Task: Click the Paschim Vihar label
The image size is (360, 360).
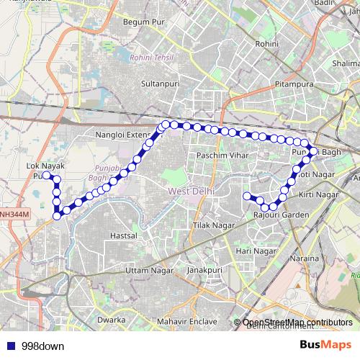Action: (x=217, y=156)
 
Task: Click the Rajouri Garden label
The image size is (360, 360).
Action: (x=282, y=215)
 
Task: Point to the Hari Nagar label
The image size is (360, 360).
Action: (x=256, y=251)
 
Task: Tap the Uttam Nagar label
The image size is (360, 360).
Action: (x=145, y=270)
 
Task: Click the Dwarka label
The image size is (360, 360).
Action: (x=111, y=319)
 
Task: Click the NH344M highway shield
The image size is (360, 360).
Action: (x=14, y=214)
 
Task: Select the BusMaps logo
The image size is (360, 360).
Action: (x=325, y=346)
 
